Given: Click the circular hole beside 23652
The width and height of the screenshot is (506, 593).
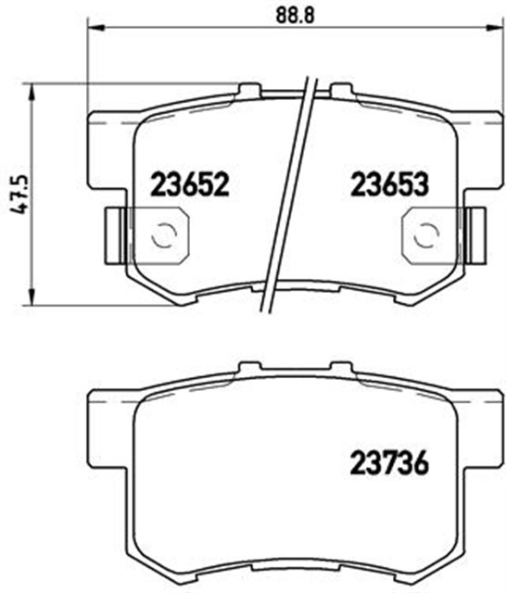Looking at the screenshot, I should click(164, 235).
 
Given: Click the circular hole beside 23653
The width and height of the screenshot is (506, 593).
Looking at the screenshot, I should click(425, 235).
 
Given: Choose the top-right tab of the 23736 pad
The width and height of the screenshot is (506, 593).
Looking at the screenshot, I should click(343, 369).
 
